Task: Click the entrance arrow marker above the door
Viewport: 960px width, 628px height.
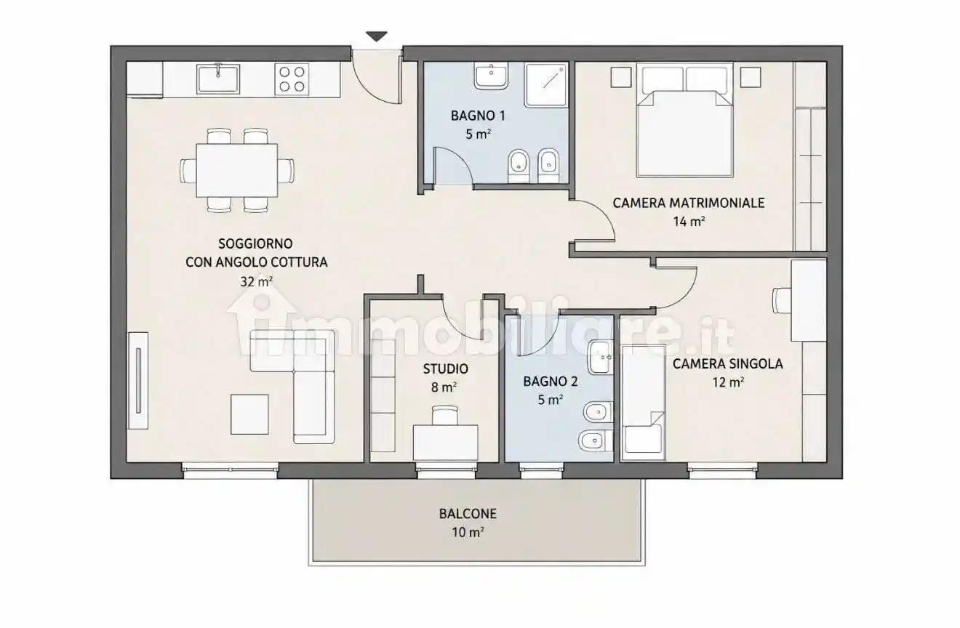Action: coord(377,36)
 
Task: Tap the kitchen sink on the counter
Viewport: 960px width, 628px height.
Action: coord(218,78)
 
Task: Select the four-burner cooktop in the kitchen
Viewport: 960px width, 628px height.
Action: coord(292,78)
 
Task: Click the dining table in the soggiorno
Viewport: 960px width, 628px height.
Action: coord(237,170)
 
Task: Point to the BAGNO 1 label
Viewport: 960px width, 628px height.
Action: coord(478,116)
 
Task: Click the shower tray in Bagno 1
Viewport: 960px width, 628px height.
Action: coord(545,85)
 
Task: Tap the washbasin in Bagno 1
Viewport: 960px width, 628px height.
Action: coord(491,76)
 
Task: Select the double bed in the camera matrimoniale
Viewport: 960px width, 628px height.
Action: coord(684,120)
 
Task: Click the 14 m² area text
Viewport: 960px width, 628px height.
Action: coord(689,222)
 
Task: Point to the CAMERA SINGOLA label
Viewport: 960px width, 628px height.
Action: coord(728,363)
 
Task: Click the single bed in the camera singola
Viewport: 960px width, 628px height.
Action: coord(643,403)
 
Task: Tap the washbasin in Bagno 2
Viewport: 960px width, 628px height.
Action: coord(601,358)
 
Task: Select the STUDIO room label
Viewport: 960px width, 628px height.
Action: coord(446,369)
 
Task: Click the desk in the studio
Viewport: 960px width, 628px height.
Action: coord(445,443)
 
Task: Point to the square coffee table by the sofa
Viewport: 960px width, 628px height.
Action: coord(249,414)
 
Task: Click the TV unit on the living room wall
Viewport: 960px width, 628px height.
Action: coord(138,381)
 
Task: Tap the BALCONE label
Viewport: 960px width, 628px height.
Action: coord(468,514)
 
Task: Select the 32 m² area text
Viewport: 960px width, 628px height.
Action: coord(256,281)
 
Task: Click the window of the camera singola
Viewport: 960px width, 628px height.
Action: coord(722,471)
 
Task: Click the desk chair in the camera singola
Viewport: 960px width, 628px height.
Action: coord(781,300)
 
